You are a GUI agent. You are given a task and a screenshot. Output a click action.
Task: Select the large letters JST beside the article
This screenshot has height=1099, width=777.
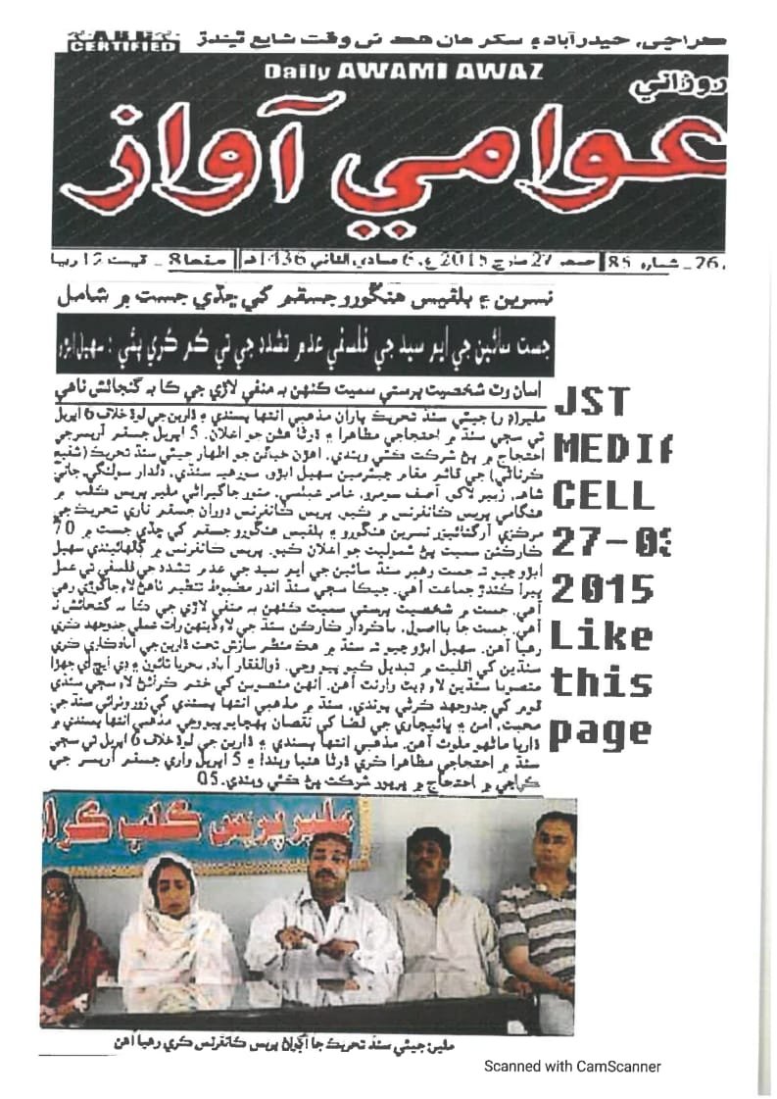(x=592, y=401)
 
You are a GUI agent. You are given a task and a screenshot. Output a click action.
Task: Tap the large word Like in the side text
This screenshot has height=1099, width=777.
(x=602, y=637)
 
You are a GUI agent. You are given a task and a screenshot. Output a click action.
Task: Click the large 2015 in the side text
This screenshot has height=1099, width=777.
(x=602, y=589)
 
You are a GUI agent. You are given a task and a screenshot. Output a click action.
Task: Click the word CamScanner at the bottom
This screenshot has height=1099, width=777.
(x=616, y=1067)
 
